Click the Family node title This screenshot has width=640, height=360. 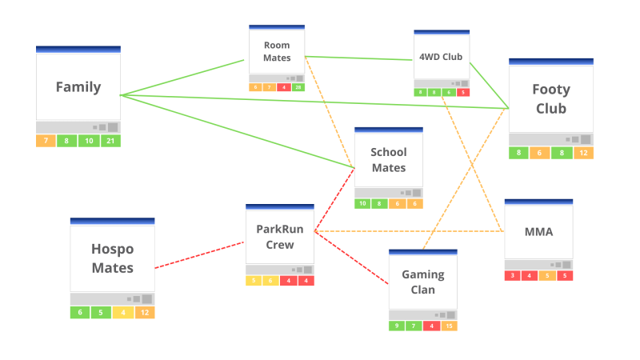coord(78,87)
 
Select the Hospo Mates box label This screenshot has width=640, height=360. coord(112,258)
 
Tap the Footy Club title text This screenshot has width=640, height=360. coord(551,99)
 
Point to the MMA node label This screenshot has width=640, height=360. coord(538,233)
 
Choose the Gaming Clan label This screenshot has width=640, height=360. coord(423,282)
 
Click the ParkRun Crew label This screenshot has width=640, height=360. coord(280,236)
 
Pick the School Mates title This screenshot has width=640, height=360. coord(389,160)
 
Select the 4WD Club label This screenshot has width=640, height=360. coord(441,57)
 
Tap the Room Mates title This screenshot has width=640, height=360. coord(277,52)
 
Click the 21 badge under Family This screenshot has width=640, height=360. coord(110,142)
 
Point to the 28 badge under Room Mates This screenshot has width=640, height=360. coord(298,87)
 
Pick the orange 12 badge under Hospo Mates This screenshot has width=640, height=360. coord(144,313)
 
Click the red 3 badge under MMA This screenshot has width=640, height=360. coord(513,276)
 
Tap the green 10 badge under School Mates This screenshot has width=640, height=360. coord(363,204)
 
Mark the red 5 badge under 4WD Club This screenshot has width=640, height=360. coord(463,93)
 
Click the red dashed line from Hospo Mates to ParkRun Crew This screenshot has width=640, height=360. coord(200,255)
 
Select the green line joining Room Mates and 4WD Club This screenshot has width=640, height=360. coord(360,58)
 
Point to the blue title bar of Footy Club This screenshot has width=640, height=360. coord(551,62)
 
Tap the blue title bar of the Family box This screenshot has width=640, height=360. coord(78,50)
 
